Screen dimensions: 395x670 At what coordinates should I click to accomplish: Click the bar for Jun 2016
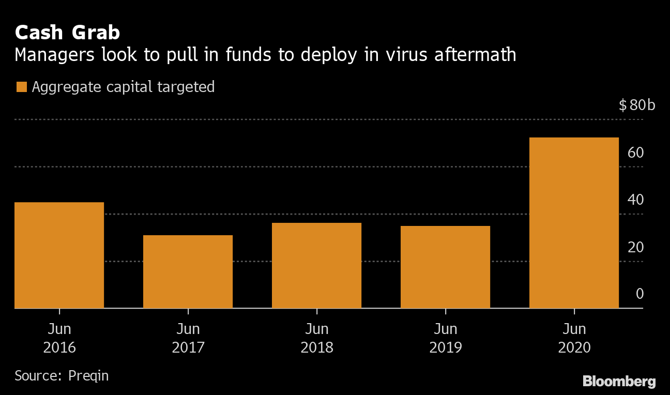[x=59, y=255]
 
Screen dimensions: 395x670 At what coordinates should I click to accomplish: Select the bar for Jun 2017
[x=188, y=271]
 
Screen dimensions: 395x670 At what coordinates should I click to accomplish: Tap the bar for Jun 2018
[x=316, y=265]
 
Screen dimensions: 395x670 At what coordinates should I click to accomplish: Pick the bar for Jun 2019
[x=445, y=267]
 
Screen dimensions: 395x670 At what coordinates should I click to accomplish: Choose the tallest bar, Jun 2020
[x=574, y=222]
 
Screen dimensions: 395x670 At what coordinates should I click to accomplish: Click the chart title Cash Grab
[x=67, y=33]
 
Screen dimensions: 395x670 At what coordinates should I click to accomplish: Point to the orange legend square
[x=21, y=87]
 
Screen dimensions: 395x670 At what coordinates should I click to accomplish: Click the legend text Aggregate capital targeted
[x=123, y=87]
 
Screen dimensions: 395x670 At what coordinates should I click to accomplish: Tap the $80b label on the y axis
[x=636, y=105]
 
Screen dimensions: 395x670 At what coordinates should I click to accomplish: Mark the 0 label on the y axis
[x=639, y=294]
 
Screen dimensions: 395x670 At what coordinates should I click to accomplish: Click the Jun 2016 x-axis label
[x=59, y=338]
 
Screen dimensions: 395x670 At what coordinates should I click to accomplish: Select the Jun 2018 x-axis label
[x=316, y=338]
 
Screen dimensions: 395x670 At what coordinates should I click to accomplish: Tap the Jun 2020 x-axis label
[x=574, y=338]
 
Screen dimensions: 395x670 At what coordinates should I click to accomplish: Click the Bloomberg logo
[x=619, y=382]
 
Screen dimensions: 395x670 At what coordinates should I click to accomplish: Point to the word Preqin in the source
[x=88, y=375]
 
